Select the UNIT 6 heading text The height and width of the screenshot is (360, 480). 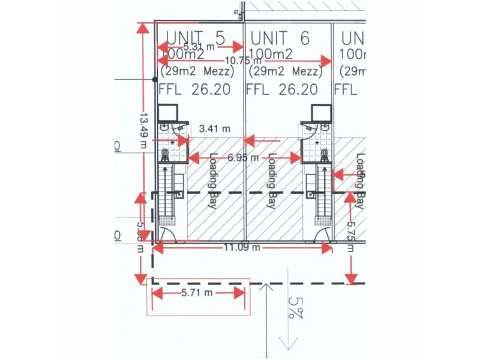[x=280, y=38]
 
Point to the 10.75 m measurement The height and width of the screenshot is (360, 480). [x=243, y=60]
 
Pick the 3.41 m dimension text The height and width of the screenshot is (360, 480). [x=214, y=128]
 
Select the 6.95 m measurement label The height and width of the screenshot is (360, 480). [x=243, y=158]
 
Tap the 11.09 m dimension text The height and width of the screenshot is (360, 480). [x=243, y=247]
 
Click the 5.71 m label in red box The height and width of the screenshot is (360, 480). [x=197, y=293]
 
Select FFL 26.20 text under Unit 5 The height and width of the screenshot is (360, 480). [x=194, y=90]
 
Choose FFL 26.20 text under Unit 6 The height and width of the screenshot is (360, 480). [x=281, y=90]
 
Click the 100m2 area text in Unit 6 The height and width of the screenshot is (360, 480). [x=271, y=55]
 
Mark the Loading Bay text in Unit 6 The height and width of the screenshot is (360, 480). [x=271, y=180]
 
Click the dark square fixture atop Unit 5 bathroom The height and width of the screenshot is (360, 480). [x=167, y=112]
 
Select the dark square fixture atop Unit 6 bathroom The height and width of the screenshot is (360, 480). [x=321, y=112]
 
